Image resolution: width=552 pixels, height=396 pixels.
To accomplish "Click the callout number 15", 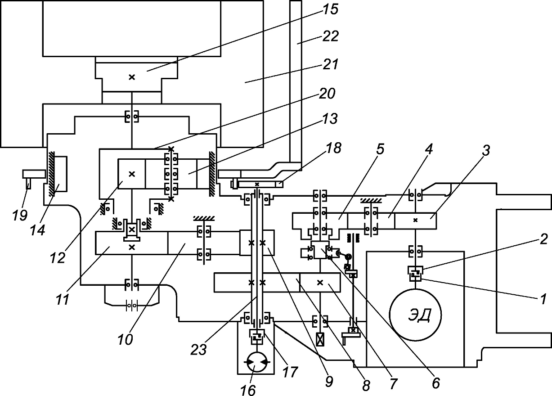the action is pyautogui.click(x=330, y=9).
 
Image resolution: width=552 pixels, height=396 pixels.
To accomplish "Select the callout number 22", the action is pyautogui.click(x=331, y=36).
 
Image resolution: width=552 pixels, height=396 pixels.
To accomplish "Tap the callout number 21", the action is pyautogui.click(x=331, y=64).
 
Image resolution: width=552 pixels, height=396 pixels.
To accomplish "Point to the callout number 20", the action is pyautogui.click(x=327, y=94).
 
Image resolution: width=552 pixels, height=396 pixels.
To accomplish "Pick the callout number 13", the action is pyautogui.click(x=330, y=119).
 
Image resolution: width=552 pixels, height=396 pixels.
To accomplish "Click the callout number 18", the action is pyautogui.click(x=334, y=148).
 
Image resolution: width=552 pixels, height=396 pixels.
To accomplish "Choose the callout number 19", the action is pyautogui.click(x=20, y=215).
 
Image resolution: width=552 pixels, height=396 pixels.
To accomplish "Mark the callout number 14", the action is pyautogui.click(x=38, y=230).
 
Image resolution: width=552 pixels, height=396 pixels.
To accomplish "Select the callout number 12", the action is pyautogui.click(x=58, y=258).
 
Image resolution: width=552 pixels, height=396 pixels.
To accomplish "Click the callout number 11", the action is pyautogui.click(x=63, y=300).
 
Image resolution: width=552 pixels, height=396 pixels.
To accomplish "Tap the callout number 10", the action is pyautogui.click(x=125, y=340).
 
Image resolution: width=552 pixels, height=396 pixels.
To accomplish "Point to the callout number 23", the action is pyautogui.click(x=199, y=350).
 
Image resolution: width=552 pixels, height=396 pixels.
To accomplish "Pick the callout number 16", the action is pyautogui.click(x=248, y=390).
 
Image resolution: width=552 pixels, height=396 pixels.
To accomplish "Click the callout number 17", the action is pyautogui.click(x=290, y=372).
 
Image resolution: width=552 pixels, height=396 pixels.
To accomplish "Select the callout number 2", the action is pyautogui.click(x=544, y=239).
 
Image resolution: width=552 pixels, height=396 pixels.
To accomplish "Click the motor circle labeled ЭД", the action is pyautogui.click(x=415, y=315).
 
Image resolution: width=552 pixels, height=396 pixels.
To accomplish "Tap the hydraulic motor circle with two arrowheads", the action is pyautogui.click(x=257, y=362).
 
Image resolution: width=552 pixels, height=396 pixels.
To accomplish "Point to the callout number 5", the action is pyautogui.click(x=380, y=149).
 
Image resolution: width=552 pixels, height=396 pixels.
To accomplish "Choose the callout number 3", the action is pyautogui.click(x=486, y=150).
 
